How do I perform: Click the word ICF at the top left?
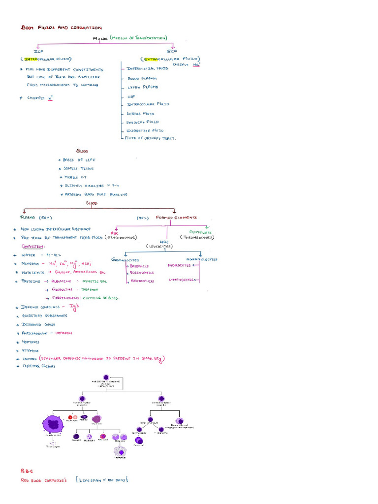[39, 51]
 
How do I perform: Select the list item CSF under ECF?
[131, 96]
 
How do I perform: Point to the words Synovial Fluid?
[143, 122]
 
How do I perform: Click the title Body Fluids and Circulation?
[61, 28]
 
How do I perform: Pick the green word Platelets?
[201, 232]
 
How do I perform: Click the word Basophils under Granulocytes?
[139, 265]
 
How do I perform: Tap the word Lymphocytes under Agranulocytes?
[181, 280]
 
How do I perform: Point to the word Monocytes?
[179, 265]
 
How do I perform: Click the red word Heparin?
[64, 333]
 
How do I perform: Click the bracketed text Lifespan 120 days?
[102, 480]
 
